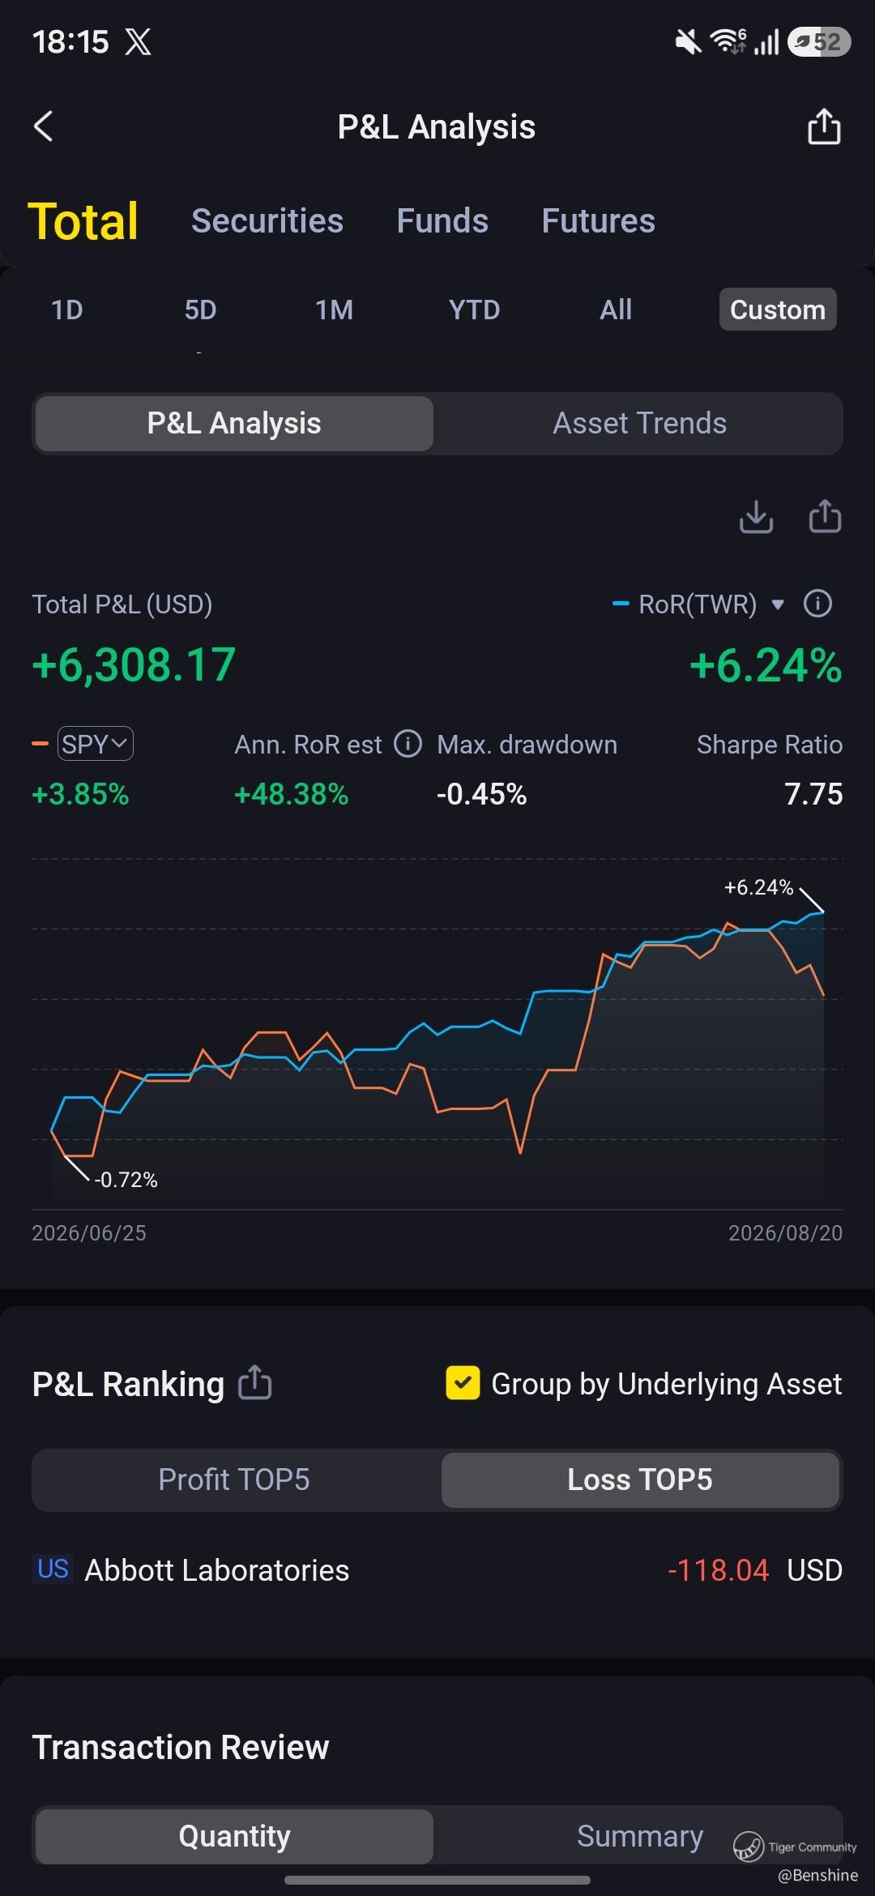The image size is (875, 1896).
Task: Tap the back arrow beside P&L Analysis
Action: pyautogui.click(x=43, y=126)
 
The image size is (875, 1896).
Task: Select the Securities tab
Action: pyautogui.click(x=267, y=221)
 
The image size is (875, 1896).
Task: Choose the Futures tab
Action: pyautogui.click(x=598, y=221)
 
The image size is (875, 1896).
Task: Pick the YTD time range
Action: pyautogui.click(x=474, y=310)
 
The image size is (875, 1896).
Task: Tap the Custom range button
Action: pyautogui.click(x=778, y=310)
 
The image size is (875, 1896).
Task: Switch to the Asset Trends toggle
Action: pyautogui.click(x=639, y=423)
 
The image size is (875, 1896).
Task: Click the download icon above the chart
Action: pyautogui.click(x=756, y=517)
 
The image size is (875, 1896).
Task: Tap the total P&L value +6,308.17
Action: pyautogui.click(x=134, y=664)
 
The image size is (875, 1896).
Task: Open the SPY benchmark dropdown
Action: pyautogui.click(x=95, y=744)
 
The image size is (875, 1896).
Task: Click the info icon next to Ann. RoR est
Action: pyautogui.click(x=408, y=743)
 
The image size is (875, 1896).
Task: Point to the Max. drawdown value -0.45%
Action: pyautogui.click(x=481, y=794)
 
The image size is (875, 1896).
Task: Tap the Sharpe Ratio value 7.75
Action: pyautogui.click(x=813, y=794)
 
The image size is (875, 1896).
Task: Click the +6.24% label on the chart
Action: pyautogui.click(x=758, y=887)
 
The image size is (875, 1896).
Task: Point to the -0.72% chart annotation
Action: pyautogui.click(x=126, y=1180)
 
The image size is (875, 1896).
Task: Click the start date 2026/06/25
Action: pyautogui.click(x=89, y=1233)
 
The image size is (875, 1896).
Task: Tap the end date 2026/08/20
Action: pyautogui.click(x=785, y=1233)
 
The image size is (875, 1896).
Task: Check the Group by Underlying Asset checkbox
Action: pyautogui.click(x=463, y=1383)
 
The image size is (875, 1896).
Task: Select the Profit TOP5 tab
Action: pyautogui.click(x=234, y=1480)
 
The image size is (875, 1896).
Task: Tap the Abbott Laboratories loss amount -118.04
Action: pyautogui.click(x=718, y=1570)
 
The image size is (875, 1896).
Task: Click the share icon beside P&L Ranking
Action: pyautogui.click(x=255, y=1382)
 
